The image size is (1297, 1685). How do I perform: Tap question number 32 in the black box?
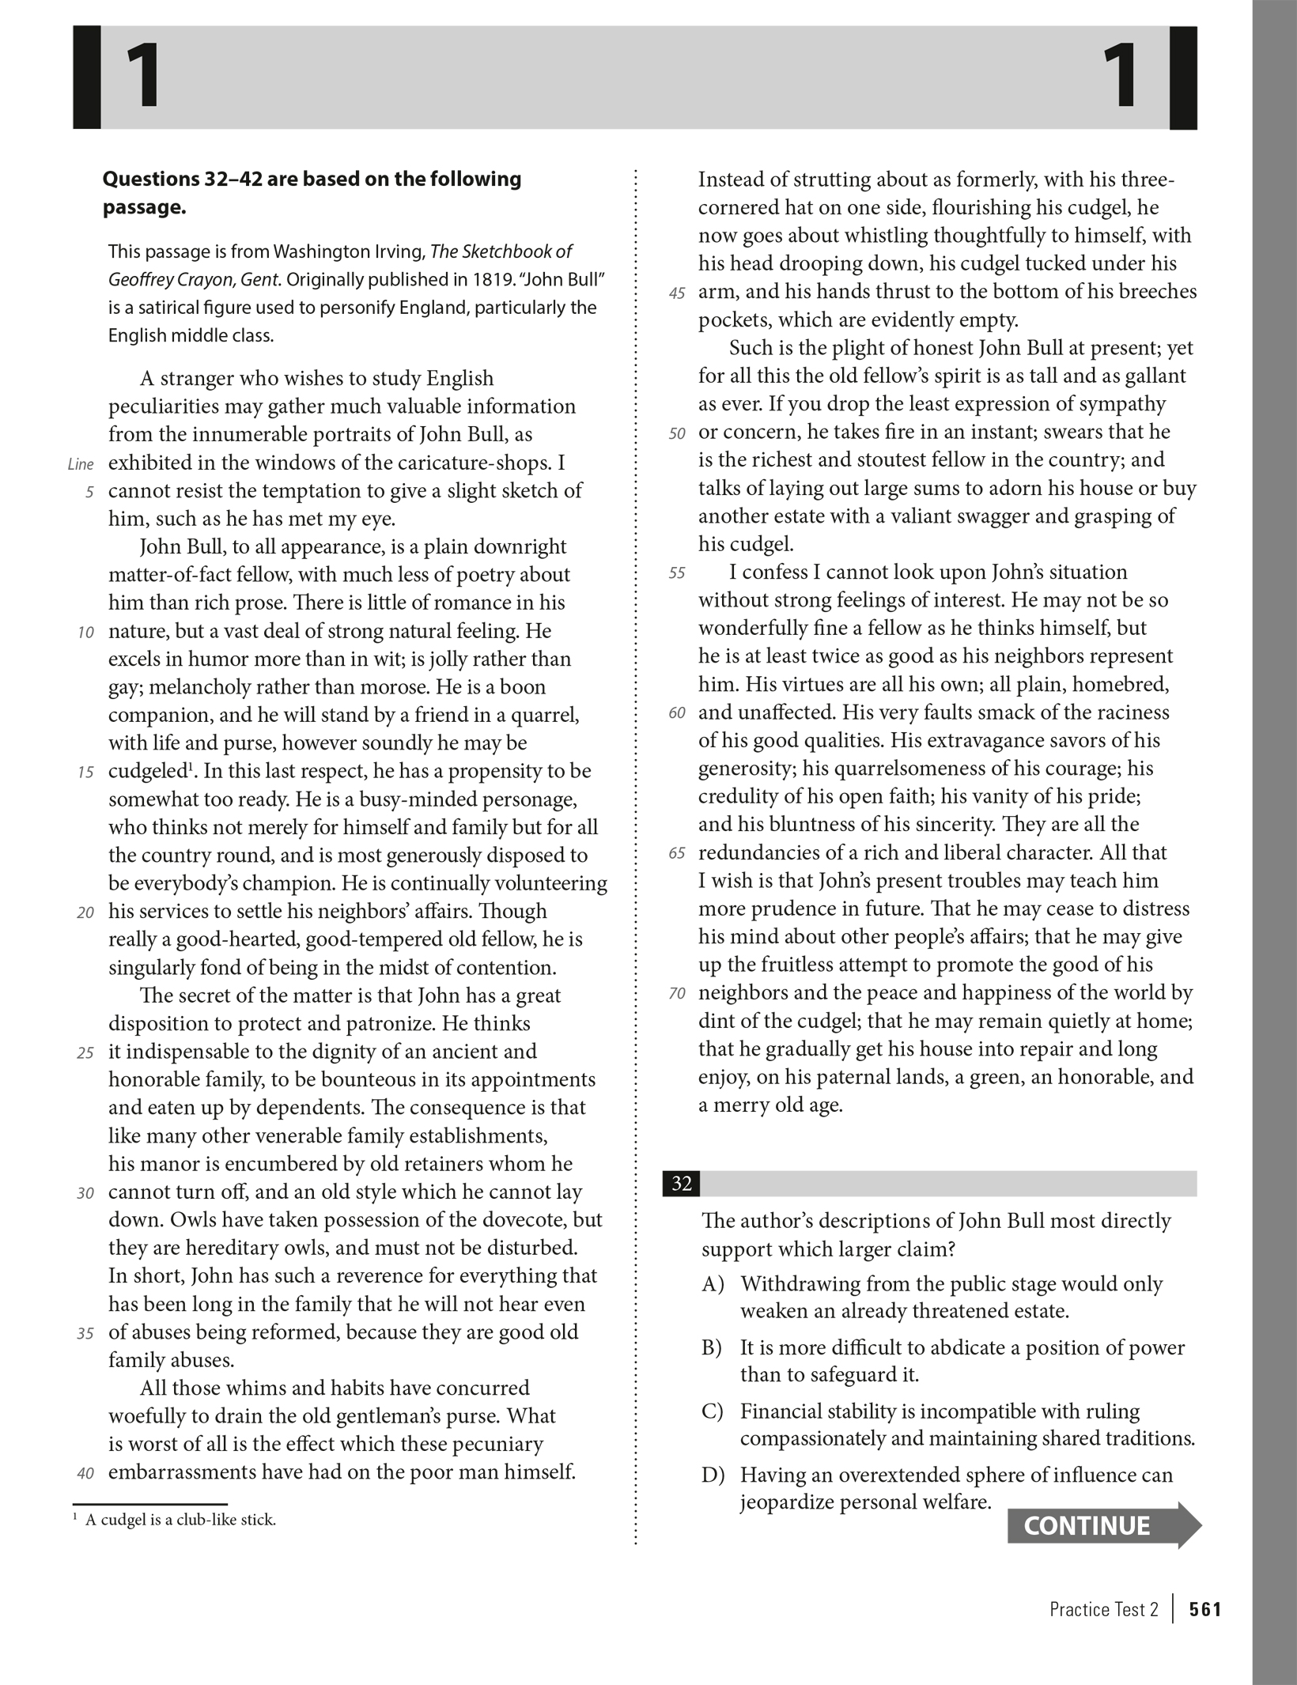pos(681,1184)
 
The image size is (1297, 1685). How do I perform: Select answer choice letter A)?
pos(713,1283)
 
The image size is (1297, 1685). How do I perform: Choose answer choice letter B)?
pos(712,1347)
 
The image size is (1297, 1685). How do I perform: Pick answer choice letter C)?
pos(712,1411)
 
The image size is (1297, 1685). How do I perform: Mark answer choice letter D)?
pos(713,1475)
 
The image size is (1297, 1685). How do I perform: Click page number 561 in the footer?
pos(1205,1609)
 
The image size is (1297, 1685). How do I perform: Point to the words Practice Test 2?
pos(1103,1609)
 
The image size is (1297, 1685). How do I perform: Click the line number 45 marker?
pos(677,293)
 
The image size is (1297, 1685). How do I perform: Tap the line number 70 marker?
pos(677,994)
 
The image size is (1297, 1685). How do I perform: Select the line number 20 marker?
pos(85,912)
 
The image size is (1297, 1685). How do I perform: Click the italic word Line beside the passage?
pos(81,464)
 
